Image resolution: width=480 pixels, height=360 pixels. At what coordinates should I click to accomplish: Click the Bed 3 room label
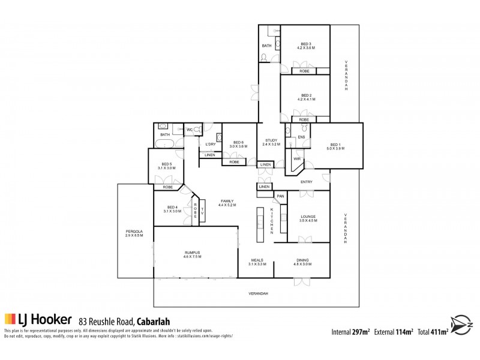[306, 44]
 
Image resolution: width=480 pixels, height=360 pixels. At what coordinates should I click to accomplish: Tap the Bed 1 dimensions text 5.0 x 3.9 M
[335, 148]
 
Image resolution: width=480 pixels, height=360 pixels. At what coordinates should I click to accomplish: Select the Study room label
[271, 140]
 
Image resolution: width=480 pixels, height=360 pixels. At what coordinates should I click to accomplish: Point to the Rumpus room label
[192, 253]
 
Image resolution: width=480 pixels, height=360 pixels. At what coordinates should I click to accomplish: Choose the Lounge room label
[308, 217]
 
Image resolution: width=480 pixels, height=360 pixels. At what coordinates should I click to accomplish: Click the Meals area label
[258, 260]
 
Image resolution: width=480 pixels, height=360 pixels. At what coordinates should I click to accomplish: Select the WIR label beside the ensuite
[297, 159]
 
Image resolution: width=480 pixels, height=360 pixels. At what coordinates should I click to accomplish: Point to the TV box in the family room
[203, 211]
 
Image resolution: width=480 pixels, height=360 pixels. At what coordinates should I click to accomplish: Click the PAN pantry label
[280, 196]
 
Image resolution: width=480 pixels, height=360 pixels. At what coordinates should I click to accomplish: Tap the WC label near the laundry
[189, 130]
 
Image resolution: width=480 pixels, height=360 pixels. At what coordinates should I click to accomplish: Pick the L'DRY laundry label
[210, 144]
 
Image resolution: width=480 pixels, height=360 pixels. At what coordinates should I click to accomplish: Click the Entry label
[307, 181]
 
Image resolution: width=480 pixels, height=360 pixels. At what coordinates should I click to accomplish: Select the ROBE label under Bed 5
[167, 187]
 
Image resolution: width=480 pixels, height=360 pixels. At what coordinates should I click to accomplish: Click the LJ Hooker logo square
[10, 319]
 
